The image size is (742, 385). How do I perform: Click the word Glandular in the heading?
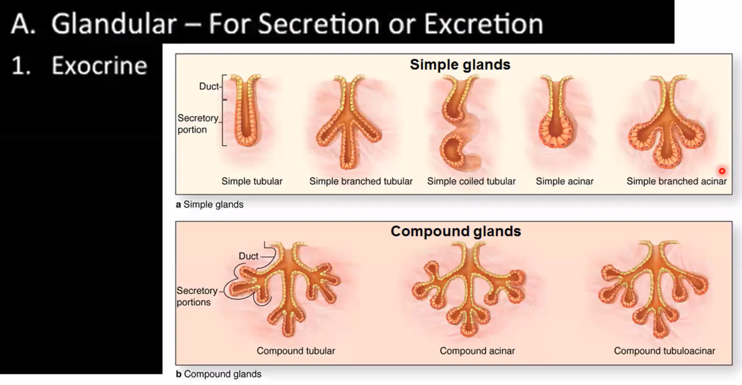[x=114, y=23]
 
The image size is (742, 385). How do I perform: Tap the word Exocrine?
[x=99, y=66]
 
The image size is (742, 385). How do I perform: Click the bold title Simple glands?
[x=460, y=64]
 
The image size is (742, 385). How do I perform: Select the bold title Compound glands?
[x=456, y=231]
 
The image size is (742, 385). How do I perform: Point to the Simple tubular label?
[x=252, y=181]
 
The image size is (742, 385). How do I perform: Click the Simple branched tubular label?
[x=361, y=181]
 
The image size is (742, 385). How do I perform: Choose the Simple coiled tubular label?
[x=471, y=181]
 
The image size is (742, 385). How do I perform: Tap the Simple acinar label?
[x=565, y=181]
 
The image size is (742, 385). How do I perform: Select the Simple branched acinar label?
[x=676, y=181]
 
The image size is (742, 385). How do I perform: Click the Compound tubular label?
[x=296, y=350]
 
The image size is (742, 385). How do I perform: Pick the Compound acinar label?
[x=477, y=350]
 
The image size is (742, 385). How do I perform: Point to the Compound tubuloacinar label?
[x=664, y=350]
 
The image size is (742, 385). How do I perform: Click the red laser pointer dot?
[x=722, y=171]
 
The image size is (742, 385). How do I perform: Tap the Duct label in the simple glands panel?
[x=208, y=87]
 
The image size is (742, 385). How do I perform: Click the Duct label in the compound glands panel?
[x=248, y=256]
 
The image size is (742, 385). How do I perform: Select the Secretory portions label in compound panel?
[x=196, y=297]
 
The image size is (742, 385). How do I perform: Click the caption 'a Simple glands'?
[x=209, y=205]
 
